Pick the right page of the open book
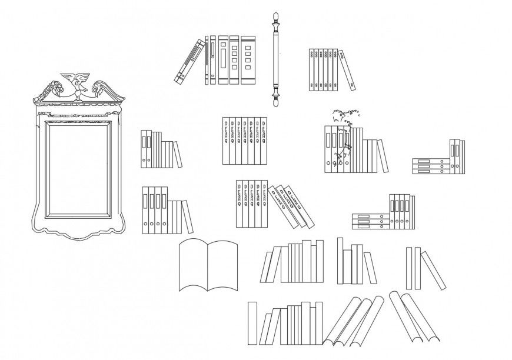pos(223,265)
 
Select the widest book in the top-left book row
pos(248,60)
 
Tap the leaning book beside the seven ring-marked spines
pos(350,70)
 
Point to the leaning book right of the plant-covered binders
pos(383,156)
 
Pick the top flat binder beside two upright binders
pos(430,161)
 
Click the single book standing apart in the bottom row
pos(252,323)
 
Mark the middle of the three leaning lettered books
pos(290,206)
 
